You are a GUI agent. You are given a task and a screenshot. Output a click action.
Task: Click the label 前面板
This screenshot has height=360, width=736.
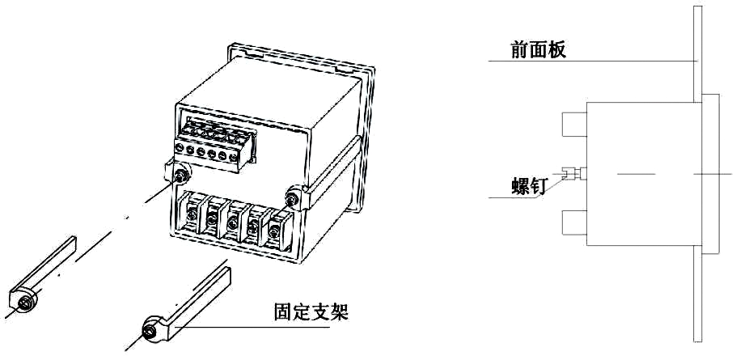coord(538,49)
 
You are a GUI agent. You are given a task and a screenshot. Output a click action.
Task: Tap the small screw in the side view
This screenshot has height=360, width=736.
coord(573,172)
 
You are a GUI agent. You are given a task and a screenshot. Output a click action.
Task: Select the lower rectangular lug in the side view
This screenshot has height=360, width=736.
coord(573,222)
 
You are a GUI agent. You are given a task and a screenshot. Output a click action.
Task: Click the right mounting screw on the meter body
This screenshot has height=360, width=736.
coord(292,197)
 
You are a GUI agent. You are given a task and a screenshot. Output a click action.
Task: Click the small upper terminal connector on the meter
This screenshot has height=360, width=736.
coord(213,141)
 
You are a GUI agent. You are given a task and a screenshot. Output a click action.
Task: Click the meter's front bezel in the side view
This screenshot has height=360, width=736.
coord(709,173)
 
